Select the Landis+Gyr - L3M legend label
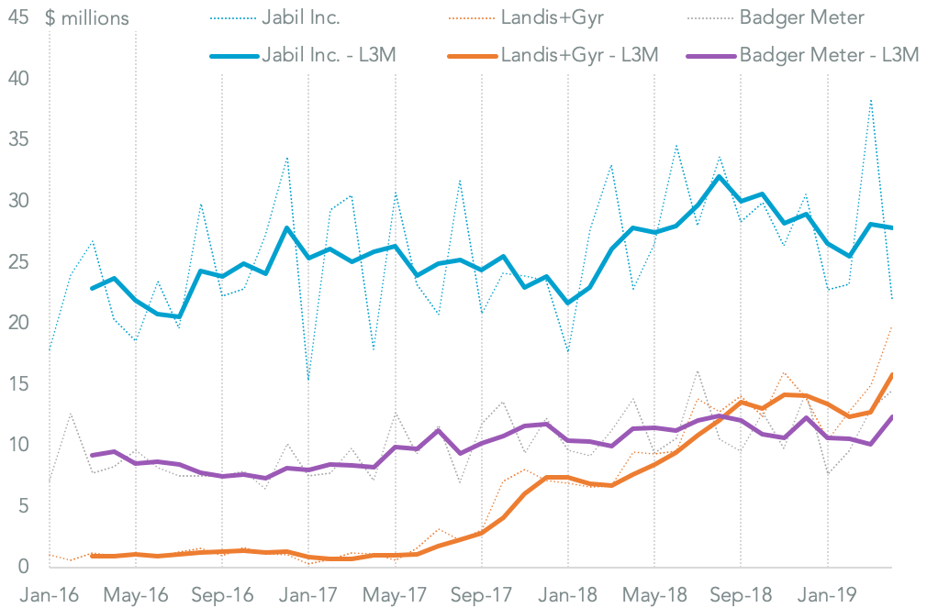[579, 55]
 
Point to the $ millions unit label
[87, 18]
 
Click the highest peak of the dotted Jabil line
[870, 99]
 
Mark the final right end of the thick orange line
[892, 374]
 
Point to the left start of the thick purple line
[93, 455]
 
